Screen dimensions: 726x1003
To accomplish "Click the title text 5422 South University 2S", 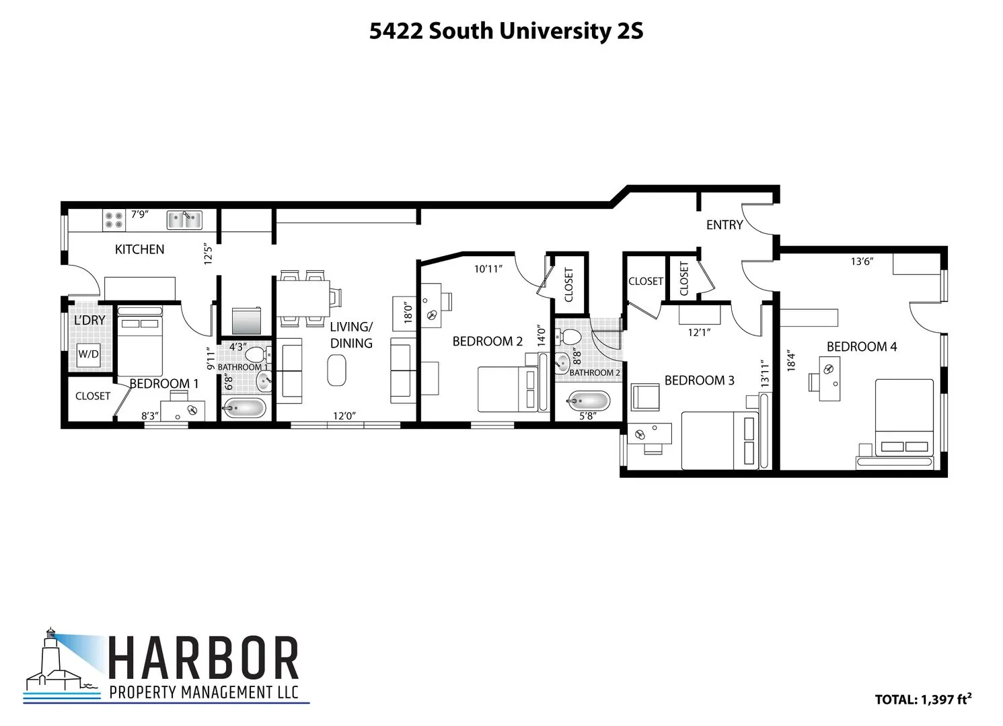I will [506, 32].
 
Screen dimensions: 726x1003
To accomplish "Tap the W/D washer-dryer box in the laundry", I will [88, 354].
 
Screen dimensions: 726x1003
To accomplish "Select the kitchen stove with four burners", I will [113, 218].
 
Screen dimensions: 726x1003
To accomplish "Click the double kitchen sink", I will [184, 218].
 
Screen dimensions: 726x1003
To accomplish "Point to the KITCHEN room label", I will [139, 249].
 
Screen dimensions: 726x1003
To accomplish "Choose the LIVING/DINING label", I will [351, 335].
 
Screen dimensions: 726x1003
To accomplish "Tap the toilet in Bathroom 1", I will [255, 354].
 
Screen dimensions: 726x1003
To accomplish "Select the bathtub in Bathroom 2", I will [589, 401].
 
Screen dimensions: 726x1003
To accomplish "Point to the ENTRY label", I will [724, 225].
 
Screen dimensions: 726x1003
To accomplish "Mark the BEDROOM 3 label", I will [699, 380].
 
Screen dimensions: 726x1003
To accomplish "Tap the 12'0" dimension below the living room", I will [344, 416].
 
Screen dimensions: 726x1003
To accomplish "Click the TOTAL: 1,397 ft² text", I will [922, 699].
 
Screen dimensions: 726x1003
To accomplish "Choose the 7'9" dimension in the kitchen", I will [139, 214].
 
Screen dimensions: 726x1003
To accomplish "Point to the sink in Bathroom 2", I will [562, 363].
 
